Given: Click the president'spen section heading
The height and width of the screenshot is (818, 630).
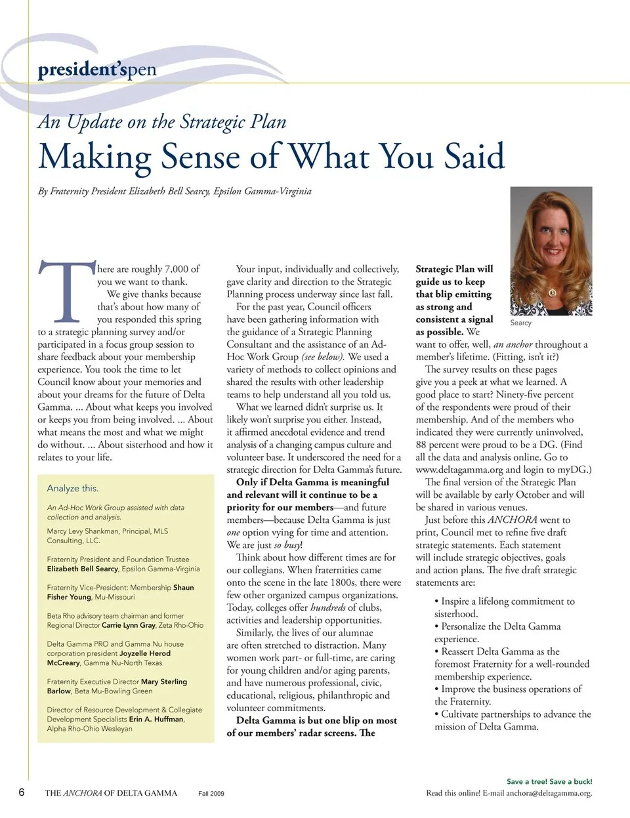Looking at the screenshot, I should (x=97, y=69).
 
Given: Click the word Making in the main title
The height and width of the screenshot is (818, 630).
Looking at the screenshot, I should (x=94, y=157).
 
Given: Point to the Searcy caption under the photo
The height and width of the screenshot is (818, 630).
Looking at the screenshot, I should (x=520, y=323).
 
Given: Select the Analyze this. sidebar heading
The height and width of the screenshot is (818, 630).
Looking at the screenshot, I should (x=73, y=488).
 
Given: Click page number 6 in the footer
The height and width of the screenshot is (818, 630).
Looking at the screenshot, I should (x=22, y=792).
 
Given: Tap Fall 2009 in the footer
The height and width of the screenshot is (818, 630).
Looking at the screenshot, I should (x=211, y=793).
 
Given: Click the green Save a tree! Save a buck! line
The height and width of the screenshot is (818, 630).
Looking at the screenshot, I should (x=549, y=781).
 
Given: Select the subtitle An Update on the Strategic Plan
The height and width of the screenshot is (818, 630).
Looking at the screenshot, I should (x=162, y=122).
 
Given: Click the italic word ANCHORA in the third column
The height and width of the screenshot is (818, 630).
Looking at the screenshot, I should (x=513, y=520).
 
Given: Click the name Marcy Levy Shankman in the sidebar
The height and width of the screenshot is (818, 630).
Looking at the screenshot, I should (x=82, y=531).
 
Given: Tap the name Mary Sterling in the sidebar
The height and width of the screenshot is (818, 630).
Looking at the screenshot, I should (x=163, y=682).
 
